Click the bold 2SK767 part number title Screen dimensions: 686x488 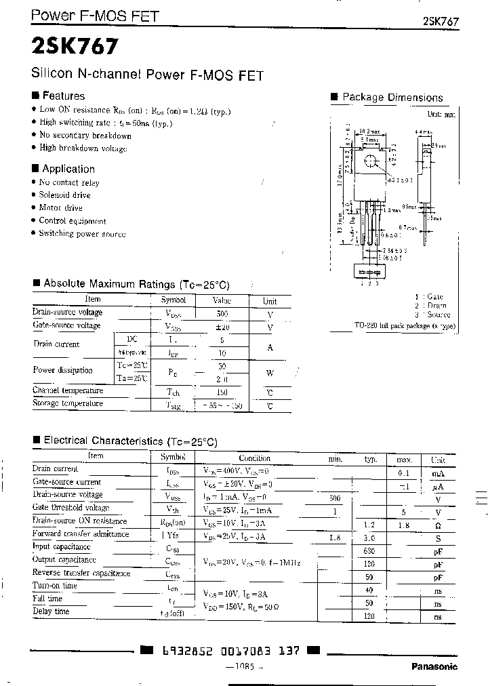(75, 47)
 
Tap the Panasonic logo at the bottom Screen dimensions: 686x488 (434, 666)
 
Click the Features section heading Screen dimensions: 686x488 (63, 96)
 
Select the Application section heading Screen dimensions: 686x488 (68, 169)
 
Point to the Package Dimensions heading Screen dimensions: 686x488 (392, 98)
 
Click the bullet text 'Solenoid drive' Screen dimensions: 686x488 (64, 195)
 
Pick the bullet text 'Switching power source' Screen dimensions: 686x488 (82, 234)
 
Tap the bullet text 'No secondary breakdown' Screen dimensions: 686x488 (85, 136)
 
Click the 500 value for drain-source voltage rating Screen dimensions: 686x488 (222, 313)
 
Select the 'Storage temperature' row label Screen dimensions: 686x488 (68, 404)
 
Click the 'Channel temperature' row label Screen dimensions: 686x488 (68, 391)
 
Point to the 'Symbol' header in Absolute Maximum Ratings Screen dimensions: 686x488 (174, 300)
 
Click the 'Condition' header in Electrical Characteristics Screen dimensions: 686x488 (254, 458)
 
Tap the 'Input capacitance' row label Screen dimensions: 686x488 (61, 547)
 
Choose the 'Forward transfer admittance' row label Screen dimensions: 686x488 (81, 534)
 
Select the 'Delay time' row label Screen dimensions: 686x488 (51, 611)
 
